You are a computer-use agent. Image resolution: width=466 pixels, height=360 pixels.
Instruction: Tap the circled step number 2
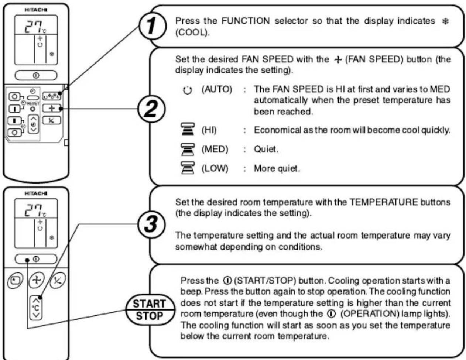click(151, 109)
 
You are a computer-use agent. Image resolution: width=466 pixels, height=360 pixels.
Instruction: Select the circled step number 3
click(151, 224)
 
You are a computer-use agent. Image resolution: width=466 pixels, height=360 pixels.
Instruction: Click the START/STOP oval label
click(150, 310)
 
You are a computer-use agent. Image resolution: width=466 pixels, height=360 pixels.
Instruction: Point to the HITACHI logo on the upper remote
click(36, 10)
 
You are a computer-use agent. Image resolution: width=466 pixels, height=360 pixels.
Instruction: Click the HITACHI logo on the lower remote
click(36, 193)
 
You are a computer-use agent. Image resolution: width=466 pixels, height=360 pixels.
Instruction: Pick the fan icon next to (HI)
click(188, 129)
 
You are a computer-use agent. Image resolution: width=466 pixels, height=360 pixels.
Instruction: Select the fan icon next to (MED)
click(188, 149)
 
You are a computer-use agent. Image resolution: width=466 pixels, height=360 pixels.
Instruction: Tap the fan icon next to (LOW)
click(188, 168)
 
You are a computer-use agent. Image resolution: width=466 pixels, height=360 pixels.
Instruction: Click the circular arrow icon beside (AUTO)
click(187, 90)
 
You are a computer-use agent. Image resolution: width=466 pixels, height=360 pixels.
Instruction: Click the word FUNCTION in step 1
click(246, 21)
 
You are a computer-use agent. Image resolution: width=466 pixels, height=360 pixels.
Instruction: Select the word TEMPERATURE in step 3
click(384, 202)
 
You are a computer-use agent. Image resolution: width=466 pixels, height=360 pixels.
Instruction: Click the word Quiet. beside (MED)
click(266, 149)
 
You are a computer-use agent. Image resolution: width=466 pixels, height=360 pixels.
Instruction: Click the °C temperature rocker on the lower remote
click(36, 308)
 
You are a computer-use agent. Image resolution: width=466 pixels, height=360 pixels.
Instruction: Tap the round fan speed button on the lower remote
click(37, 280)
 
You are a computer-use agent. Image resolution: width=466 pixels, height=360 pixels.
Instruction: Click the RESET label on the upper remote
click(34, 103)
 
